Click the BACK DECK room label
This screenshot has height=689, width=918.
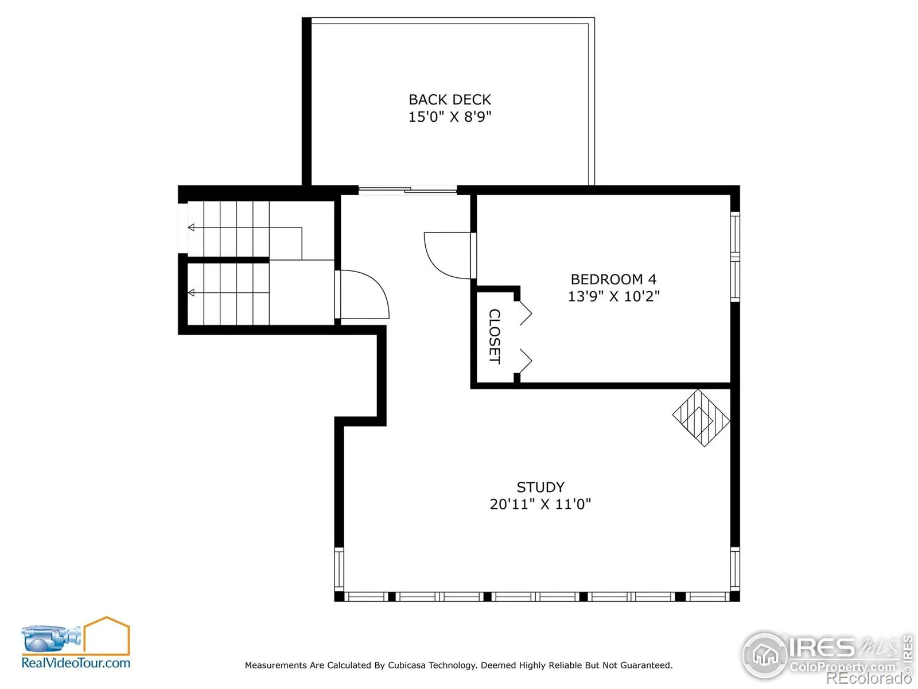tap(450, 99)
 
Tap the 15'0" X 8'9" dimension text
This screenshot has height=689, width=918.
tap(450, 117)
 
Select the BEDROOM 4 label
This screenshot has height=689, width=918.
tap(613, 279)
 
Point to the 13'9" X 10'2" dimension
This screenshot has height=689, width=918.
tap(613, 296)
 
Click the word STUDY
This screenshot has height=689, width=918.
tap(540, 487)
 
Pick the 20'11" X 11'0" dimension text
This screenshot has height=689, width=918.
tap(540, 504)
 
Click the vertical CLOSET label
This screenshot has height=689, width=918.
tap(495, 336)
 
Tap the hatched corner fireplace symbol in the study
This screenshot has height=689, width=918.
tap(701, 418)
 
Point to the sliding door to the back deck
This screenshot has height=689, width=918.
tap(407, 191)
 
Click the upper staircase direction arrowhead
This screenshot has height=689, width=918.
tap(191, 227)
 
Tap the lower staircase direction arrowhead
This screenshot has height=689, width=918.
tap(191, 293)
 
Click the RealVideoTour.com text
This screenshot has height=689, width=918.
tap(76, 663)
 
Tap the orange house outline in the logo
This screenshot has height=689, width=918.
tap(107, 635)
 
